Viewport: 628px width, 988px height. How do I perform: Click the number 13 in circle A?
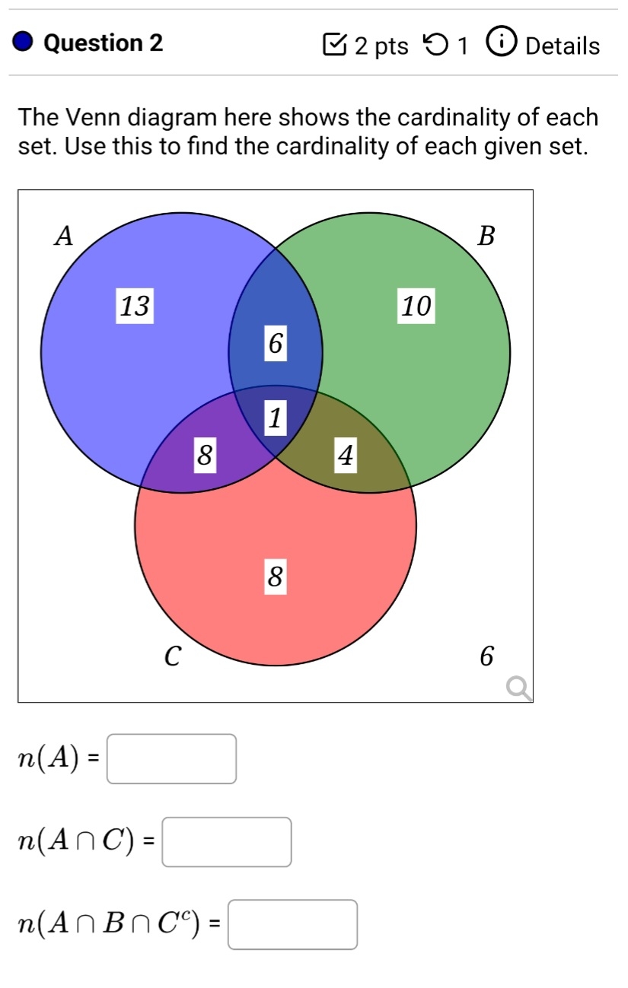[135, 306]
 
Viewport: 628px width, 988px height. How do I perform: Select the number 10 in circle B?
[416, 306]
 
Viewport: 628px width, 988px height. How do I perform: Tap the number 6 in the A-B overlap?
[276, 344]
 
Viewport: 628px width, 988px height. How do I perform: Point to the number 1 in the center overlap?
[276, 417]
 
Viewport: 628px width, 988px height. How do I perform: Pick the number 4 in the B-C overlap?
[346, 456]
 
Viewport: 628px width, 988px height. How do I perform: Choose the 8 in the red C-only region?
[276, 577]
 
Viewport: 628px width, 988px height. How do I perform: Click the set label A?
[65, 237]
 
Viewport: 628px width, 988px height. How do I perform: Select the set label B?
[486, 237]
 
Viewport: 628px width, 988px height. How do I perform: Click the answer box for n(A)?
[171, 758]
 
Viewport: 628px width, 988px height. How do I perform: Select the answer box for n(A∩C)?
[227, 842]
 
